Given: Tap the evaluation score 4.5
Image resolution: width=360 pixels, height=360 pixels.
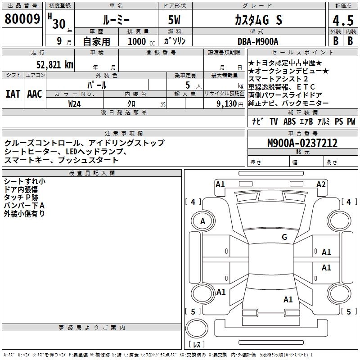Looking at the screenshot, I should click(342, 20).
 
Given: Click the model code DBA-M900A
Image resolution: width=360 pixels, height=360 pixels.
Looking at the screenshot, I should click(258, 41).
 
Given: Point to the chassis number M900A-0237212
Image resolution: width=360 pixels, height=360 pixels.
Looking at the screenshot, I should click(302, 143).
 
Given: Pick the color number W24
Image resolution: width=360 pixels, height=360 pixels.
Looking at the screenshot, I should click(75, 103).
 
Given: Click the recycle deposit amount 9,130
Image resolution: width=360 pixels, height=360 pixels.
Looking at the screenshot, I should click(227, 103).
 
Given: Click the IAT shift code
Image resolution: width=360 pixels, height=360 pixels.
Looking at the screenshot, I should click(13, 94).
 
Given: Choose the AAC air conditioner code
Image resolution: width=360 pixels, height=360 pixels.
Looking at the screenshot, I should click(35, 94).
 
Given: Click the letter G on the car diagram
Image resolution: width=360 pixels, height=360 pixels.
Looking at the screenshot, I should click(284, 237).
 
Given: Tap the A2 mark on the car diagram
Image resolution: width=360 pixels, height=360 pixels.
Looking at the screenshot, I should click(321, 184).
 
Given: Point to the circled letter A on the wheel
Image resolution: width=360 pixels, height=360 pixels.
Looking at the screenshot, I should click(202, 221).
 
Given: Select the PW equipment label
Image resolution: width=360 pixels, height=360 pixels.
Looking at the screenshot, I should click(351, 121).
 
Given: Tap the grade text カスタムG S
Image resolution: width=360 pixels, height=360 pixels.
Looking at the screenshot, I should click(258, 20).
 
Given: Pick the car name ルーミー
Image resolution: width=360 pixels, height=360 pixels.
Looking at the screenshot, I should click(116, 20).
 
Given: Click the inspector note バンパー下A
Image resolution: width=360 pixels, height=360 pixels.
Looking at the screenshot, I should click(24, 206).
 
